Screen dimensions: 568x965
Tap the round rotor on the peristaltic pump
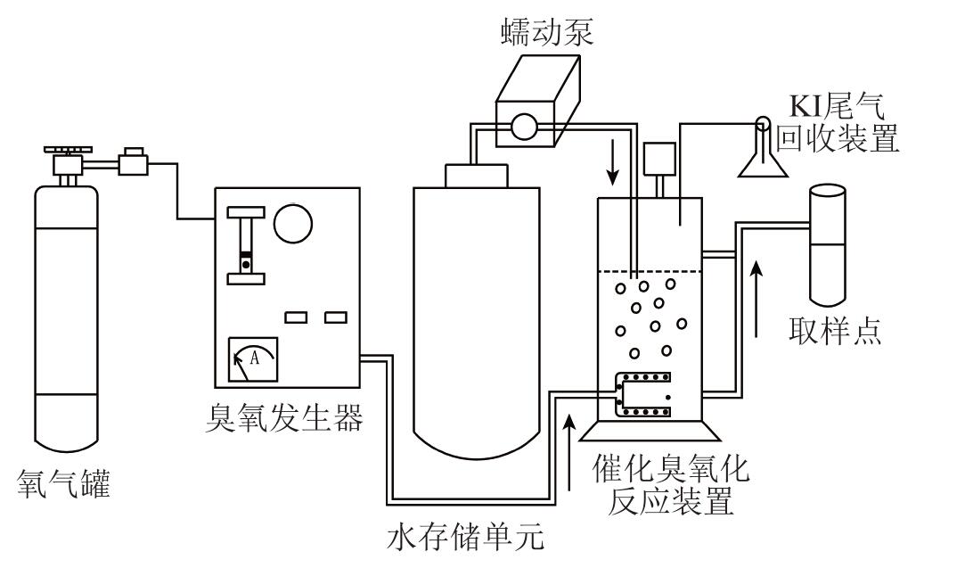[x=524, y=128]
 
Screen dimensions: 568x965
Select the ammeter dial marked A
[x=252, y=358]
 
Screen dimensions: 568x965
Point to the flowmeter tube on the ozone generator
[x=245, y=245]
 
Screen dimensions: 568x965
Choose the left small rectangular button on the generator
[x=296, y=317]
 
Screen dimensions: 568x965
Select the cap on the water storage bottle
[x=477, y=175]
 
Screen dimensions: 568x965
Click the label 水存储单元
[x=465, y=539]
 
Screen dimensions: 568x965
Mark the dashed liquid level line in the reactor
[x=648, y=271]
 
